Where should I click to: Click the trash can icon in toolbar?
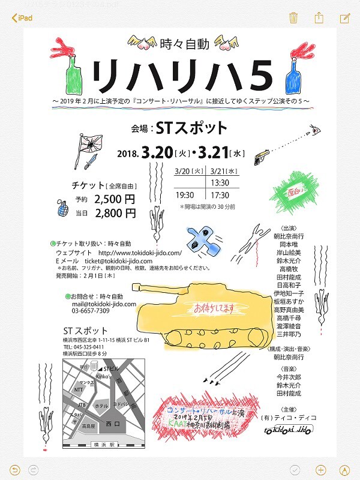point(293,17)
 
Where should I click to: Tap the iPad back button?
point(21,17)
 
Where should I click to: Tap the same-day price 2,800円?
point(115,212)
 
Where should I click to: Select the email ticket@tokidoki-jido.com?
point(107,261)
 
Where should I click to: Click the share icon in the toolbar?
point(319,17)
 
